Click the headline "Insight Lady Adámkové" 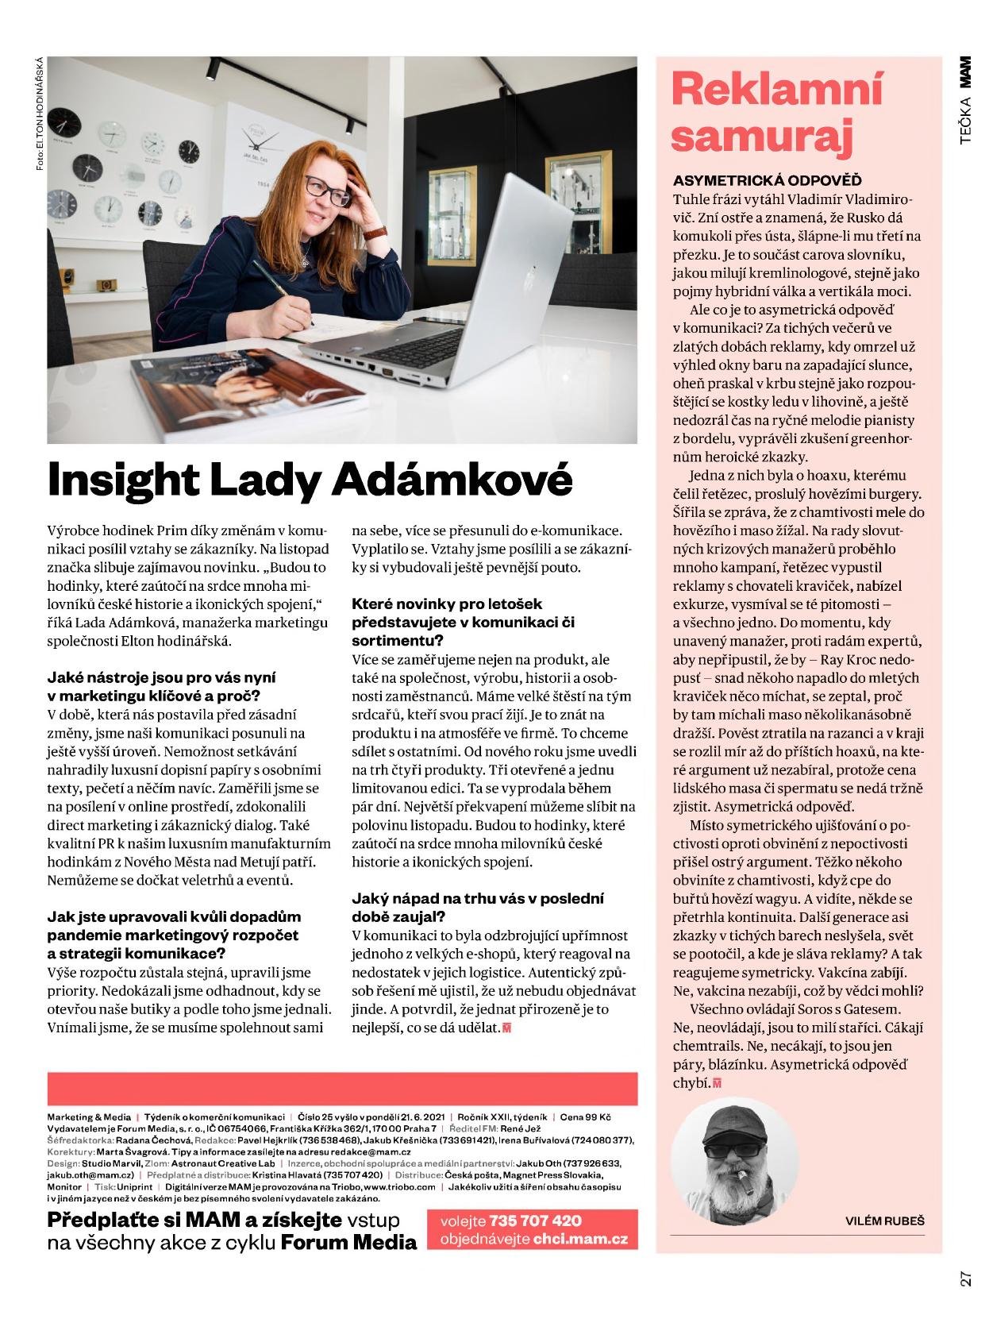[x=310, y=479]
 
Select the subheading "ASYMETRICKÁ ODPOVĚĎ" [x=767, y=180]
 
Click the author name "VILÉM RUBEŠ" [x=884, y=1221]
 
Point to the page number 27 [x=965, y=1278]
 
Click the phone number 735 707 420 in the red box [x=535, y=1221]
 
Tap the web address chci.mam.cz [x=579, y=1239]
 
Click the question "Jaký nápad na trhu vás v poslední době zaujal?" [x=477, y=908]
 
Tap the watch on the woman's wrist [x=375, y=233]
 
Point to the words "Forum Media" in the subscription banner [x=349, y=1242]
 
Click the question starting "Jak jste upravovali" [x=174, y=935]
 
